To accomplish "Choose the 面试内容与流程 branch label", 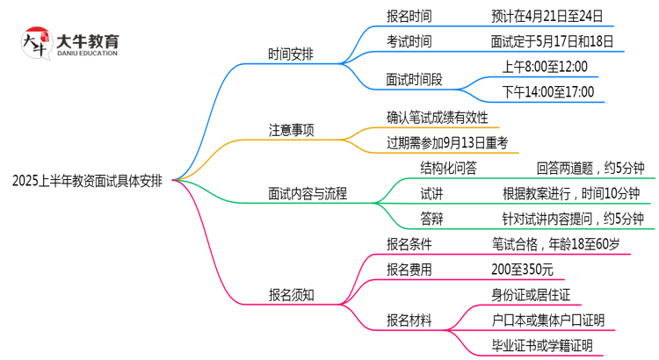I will pos(307,193).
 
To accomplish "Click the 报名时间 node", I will pos(409,16).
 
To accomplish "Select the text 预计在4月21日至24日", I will pos(553,16).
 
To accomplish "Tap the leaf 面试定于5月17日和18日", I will pos(552,41).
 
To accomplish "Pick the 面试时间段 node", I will pos(414,79).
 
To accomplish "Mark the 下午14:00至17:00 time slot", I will pos(547,92).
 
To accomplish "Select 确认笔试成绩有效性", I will pos(437,117).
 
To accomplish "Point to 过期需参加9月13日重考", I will pos(447,142).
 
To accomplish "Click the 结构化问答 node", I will pos(449,168).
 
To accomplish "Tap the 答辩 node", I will pos(431,219).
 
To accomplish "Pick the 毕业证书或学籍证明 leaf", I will pos(542,345).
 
